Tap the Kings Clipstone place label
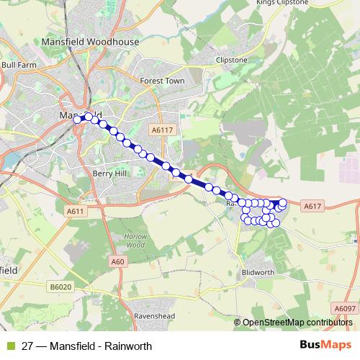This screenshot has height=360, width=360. click(282, 3)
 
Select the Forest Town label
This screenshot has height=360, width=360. click(162, 81)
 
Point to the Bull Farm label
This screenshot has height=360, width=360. click(19, 64)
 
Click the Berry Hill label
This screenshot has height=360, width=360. click(109, 174)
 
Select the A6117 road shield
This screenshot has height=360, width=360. click(163, 130)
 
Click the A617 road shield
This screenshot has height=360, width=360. click(311, 207)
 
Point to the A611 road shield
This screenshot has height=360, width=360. click(75, 212)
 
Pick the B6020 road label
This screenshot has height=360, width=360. click(62, 287)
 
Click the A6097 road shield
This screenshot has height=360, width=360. click(344, 308)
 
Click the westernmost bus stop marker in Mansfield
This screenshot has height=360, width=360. click(77, 120)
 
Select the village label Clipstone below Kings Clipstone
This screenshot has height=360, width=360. click(232, 60)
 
